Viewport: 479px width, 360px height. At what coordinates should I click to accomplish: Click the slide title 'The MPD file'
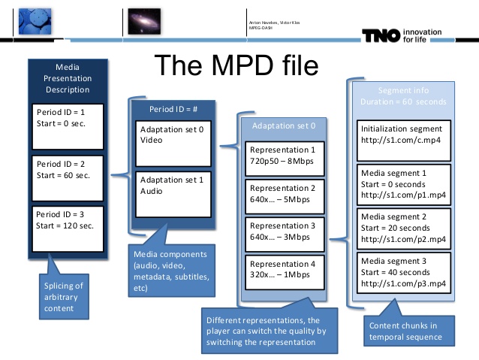(x=236, y=65)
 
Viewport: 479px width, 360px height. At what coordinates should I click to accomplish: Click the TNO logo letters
(x=381, y=36)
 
